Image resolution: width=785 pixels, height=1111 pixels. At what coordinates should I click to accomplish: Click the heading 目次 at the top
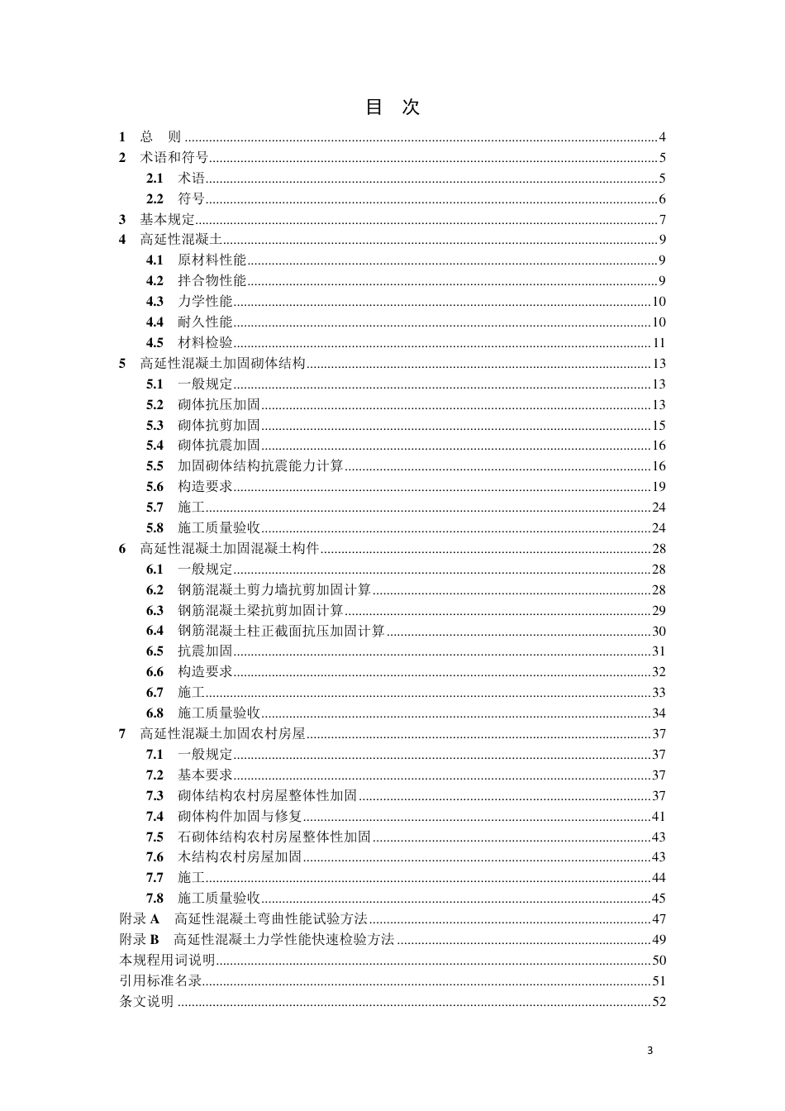tap(392, 107)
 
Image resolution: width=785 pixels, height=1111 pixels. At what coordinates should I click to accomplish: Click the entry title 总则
tap(160, 137)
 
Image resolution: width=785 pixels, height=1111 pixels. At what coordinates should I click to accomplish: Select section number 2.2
tap(155, 199)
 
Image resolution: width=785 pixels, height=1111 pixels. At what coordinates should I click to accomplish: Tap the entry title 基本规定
tap(168, 220)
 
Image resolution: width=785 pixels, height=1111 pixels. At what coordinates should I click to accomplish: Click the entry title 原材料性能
tap(212, 260)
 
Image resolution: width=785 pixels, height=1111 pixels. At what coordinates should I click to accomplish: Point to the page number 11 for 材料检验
tap(659, 343)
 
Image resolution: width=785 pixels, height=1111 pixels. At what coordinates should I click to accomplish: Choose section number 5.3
tap(155, 426)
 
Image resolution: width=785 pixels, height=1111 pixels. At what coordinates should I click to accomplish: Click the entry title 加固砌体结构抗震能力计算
tap(260, 466)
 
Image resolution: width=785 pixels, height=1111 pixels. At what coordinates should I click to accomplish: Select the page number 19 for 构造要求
tap(659, 487)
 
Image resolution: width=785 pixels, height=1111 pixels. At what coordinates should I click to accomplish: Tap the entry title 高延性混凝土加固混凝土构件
tap(230, 549)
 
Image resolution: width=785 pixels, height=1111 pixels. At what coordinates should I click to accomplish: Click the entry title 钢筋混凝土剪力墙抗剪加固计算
tap(274, 590)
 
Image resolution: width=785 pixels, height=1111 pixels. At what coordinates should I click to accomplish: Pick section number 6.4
tap(155, 631)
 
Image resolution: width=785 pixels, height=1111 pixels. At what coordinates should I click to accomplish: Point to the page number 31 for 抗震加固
tap(659, 651)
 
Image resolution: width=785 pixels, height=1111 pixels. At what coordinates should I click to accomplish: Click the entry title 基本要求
tap(205, 775)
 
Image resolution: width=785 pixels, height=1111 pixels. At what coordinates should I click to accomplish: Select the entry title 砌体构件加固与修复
tap(240, 816)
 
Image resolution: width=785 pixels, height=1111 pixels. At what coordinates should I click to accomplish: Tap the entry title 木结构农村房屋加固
tap(240, 857)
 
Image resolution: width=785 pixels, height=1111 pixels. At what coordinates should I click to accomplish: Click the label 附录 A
tap(140, 919)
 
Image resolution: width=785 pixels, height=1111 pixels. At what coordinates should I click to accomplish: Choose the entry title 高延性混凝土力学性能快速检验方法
tap(284, 940)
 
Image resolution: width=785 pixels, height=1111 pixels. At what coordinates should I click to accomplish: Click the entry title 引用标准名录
tap(161, 981)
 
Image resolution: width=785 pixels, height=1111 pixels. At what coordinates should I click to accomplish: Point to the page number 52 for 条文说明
tap(659, 1002)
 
